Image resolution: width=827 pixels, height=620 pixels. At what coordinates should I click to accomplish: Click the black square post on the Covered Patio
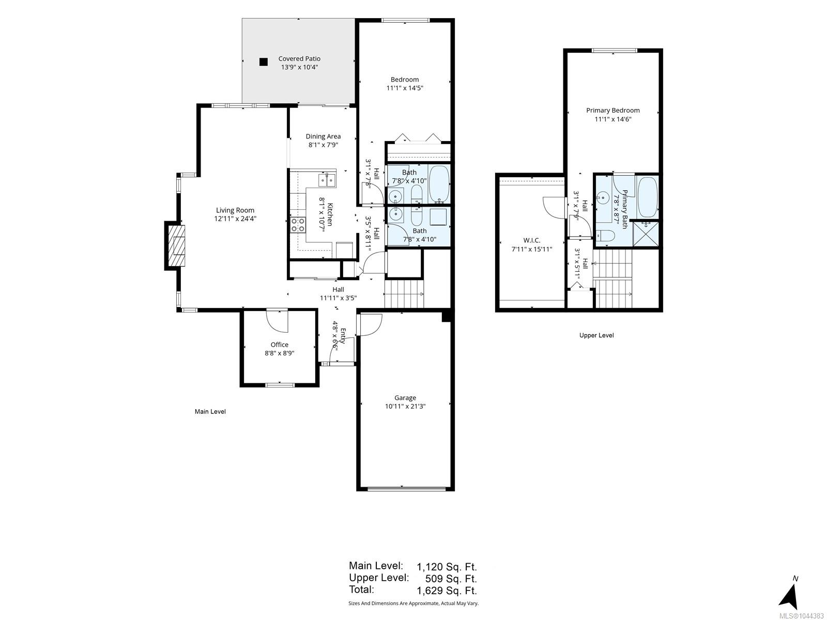pyautogui.click(x=264, y=61)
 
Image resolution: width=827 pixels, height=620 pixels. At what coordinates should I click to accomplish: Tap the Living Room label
pyautogui.click(x=235, y=210)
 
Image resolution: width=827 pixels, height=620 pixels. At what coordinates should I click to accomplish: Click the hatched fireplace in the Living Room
pyautogui.click(x=176, y=245)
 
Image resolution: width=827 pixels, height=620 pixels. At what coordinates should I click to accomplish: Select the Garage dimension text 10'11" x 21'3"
pyautogui.click(x=405, y=406)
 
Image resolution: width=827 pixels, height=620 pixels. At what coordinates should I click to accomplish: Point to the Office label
pyautogui.click(x=280, y=345)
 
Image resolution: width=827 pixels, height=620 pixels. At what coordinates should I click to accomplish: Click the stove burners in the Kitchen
pyautogui.click(x=298, y=225)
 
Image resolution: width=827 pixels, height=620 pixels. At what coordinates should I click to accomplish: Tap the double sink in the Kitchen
pyautogui.click(x=327, y=180)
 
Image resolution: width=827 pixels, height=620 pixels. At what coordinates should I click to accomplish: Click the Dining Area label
pyautogui.click(x=323, y=136)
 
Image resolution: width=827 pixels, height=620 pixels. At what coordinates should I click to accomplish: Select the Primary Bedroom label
pyautogui.click(x=613, y=110)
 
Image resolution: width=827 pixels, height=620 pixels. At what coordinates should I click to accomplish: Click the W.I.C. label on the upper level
pyautogui.click(x=532, y=240)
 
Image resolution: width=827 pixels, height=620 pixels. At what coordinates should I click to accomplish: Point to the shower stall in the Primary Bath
pyautogui.click(x=646, y=234)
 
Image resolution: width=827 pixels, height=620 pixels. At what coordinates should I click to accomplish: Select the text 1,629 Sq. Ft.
pyautogui.click(x=447, y=590)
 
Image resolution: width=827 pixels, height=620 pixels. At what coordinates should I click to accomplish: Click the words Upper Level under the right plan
pyautogui.click(x=596, y=335)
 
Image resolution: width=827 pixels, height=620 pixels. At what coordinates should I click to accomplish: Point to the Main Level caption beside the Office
pyautogui.click(x=210, y=411)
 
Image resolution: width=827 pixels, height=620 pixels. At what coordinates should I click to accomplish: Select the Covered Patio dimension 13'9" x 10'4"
pyautogui.click(x=299, y=67)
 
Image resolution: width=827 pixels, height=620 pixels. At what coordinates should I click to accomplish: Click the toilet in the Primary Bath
pyautogui.click(x=605, y=236)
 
